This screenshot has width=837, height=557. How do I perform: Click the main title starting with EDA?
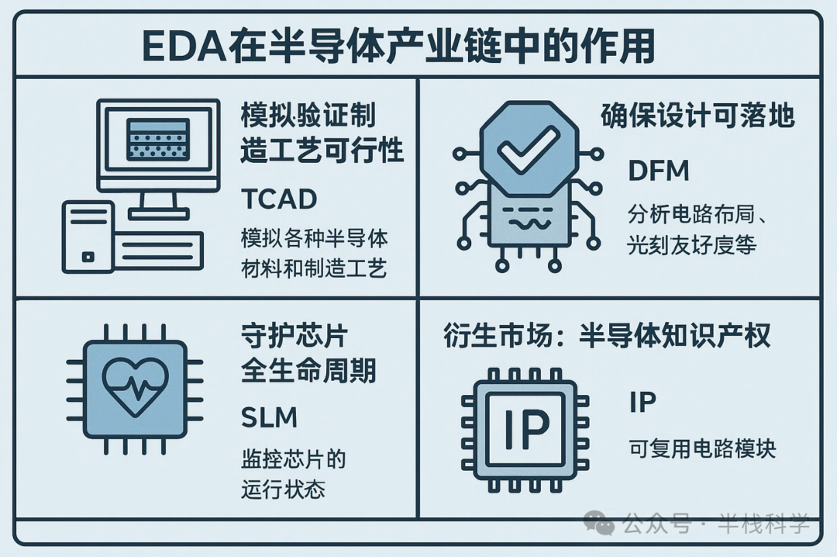(x=399, y=46)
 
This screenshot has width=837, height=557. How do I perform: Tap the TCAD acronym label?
(x=278, y=199)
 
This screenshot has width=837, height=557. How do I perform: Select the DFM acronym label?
(x=658, y=170)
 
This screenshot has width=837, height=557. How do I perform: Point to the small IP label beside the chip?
(x=642, y=402)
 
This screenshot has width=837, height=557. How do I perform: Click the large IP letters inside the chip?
(x=526, y=428)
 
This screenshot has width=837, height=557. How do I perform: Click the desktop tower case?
(x=88, y=237)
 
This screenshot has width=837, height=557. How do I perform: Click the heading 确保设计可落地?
(x=697, y=116)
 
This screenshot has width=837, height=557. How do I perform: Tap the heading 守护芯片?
(x=294, y=337)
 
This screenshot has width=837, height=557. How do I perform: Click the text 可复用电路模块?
(x=701, y=449)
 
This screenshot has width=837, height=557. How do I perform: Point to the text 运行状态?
(x=283, y=490)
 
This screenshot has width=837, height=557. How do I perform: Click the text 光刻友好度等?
(x=691, y=246)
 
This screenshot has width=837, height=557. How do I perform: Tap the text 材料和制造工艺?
(x=314, y=268)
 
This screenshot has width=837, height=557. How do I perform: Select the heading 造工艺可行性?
(x=322, y=150)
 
